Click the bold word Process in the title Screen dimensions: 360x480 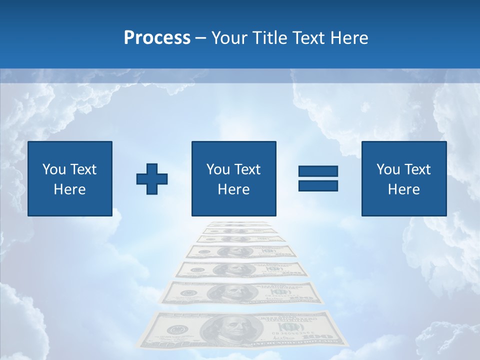[157, 38]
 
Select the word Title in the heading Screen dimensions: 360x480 [269, 38]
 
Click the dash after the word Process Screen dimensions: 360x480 [201, 38]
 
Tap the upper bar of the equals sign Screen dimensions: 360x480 [318, 171]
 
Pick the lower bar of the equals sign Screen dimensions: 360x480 [318, 185]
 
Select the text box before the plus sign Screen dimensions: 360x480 [70, 178]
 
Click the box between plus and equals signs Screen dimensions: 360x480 [233, 178]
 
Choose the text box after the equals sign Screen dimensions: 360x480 [403, 178]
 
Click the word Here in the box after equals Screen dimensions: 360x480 [403, 189]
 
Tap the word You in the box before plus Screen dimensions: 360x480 [53, 169]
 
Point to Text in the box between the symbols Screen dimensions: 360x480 [248, 169]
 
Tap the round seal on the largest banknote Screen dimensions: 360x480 [176, 330]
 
